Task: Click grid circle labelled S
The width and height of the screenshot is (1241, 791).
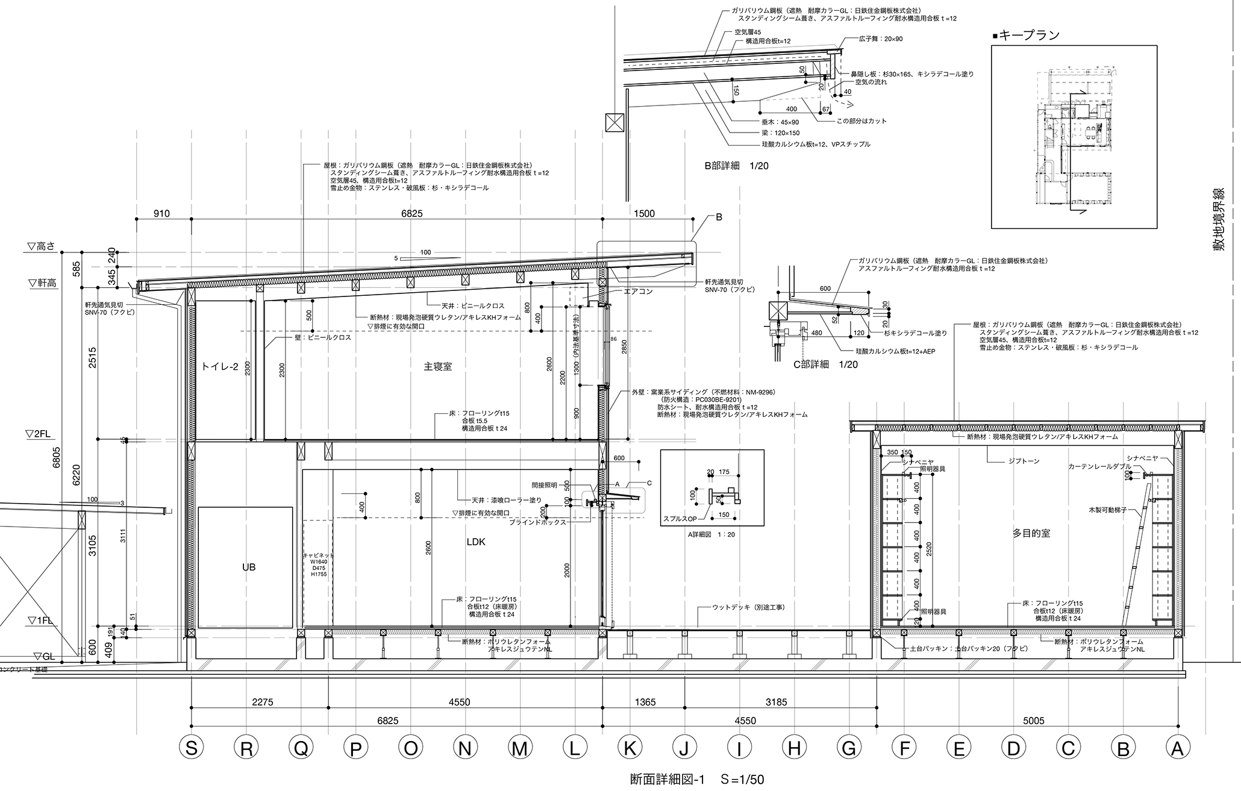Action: (192, 749)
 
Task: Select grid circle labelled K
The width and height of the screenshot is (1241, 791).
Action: (630, 749)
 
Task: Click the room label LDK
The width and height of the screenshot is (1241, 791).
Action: (476, 542)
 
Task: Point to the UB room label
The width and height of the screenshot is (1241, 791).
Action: (248, 567)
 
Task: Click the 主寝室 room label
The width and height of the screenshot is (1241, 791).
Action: (438, 366)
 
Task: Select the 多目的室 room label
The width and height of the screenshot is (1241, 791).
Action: (1031, 533)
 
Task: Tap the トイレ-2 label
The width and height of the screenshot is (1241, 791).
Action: (220, 366)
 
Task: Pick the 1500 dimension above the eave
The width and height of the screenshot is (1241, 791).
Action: (644, 213)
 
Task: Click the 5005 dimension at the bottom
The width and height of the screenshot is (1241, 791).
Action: (1034, 721)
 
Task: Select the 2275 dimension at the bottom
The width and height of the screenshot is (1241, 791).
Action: (263, 702)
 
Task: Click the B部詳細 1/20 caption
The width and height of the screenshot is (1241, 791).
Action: (736, 165)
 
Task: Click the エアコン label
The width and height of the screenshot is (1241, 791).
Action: (638, 292)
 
